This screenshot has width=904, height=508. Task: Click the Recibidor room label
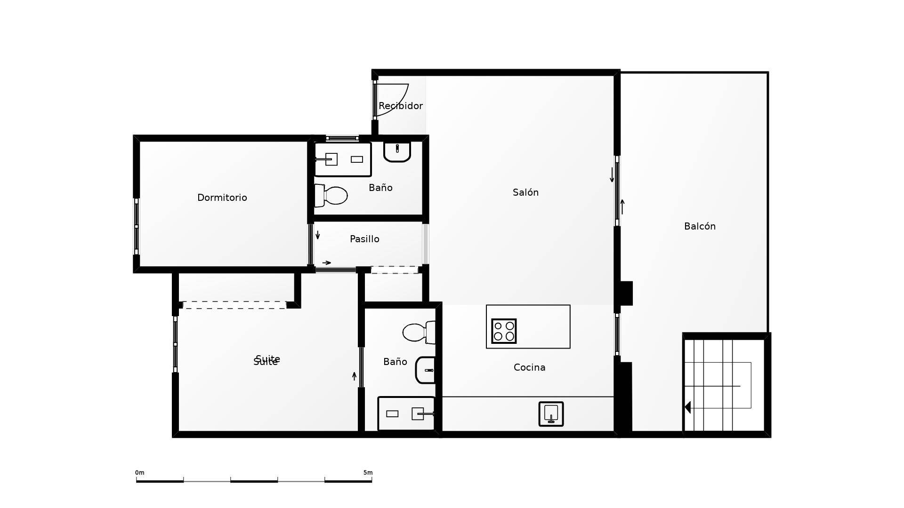(400, 106)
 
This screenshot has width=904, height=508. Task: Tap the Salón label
(525, 192)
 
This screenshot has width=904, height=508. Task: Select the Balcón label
(700, 226)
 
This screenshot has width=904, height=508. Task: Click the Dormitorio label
(222, 198)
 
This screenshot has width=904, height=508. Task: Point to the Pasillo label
(364, 239)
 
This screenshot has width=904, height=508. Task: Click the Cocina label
(529, 367)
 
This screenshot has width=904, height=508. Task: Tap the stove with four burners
(504, 331)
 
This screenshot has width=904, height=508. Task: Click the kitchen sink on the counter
(551, 414)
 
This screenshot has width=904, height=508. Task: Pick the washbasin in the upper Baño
(397, 151)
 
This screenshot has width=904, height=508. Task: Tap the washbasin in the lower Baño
(426, 370)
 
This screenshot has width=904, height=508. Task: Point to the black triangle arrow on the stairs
(688, 407)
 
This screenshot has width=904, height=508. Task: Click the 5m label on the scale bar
(368, 473)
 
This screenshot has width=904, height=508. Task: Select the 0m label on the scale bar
(139, 473)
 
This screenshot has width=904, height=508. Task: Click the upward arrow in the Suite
(355, 376)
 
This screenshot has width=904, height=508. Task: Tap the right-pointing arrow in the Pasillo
(326, 263)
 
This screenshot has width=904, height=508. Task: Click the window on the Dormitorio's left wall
(137, 227)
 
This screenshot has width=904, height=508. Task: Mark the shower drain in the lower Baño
(392, 414)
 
